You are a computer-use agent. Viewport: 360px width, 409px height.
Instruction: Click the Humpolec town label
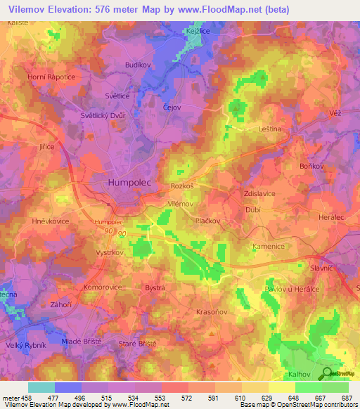131,182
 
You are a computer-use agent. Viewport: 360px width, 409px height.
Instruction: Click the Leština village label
270,129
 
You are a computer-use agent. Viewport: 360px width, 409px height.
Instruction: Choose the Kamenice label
268,247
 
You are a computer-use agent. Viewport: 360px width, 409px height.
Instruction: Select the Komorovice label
103,287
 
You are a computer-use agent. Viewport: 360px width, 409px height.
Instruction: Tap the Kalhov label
300,374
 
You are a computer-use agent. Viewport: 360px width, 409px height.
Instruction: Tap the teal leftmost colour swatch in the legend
41,387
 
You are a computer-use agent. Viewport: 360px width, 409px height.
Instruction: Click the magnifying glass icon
326,375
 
